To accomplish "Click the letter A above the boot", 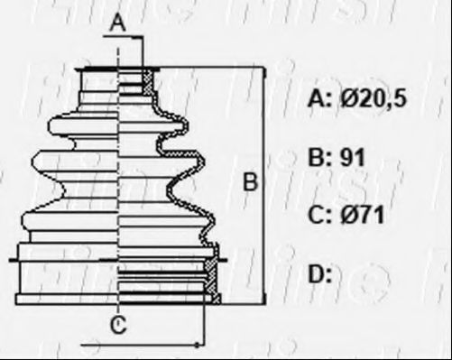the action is tap(118, 23).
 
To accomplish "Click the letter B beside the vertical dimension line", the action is tap(250, 181).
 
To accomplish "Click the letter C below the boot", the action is tap(118, 325).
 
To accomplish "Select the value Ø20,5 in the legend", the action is tap(374, 98).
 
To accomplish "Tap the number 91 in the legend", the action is tap(352, 157).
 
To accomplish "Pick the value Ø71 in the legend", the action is tap(363, 215).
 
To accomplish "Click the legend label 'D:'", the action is tap(319, 273).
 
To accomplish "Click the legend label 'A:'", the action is tap(319, 98).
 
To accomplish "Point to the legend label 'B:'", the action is tap(319, 157).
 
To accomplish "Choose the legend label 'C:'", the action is tap(319, 215).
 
